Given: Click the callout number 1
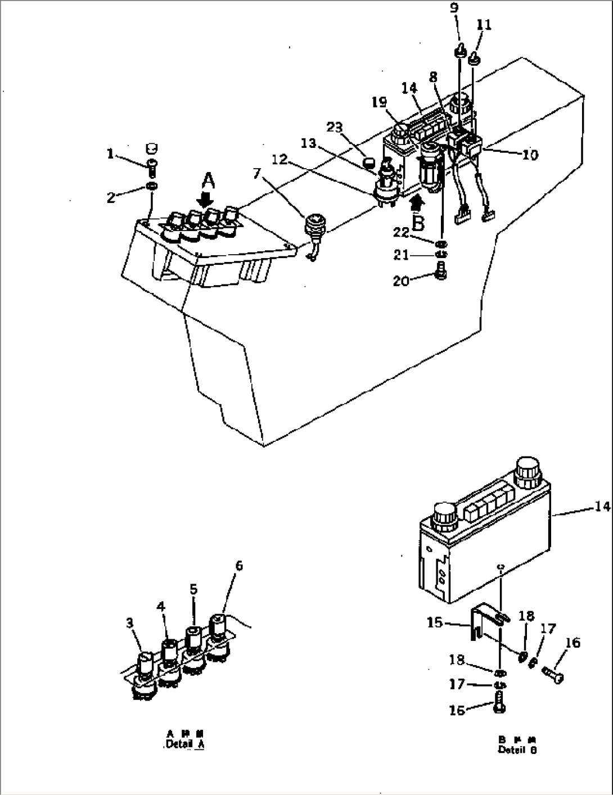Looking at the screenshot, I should (111, 153).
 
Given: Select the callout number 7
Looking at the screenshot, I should (258, 174).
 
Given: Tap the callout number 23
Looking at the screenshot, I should (335, 127).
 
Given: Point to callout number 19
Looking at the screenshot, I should (379, 102).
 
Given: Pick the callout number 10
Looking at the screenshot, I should (530, 154).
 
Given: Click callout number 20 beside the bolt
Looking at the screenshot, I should (401, 281).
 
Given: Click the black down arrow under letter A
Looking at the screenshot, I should (206, 200).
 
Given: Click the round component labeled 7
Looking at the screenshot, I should (313, 226).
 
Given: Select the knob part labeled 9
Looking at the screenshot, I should (459, 52).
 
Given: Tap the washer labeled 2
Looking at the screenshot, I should (151, 186).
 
